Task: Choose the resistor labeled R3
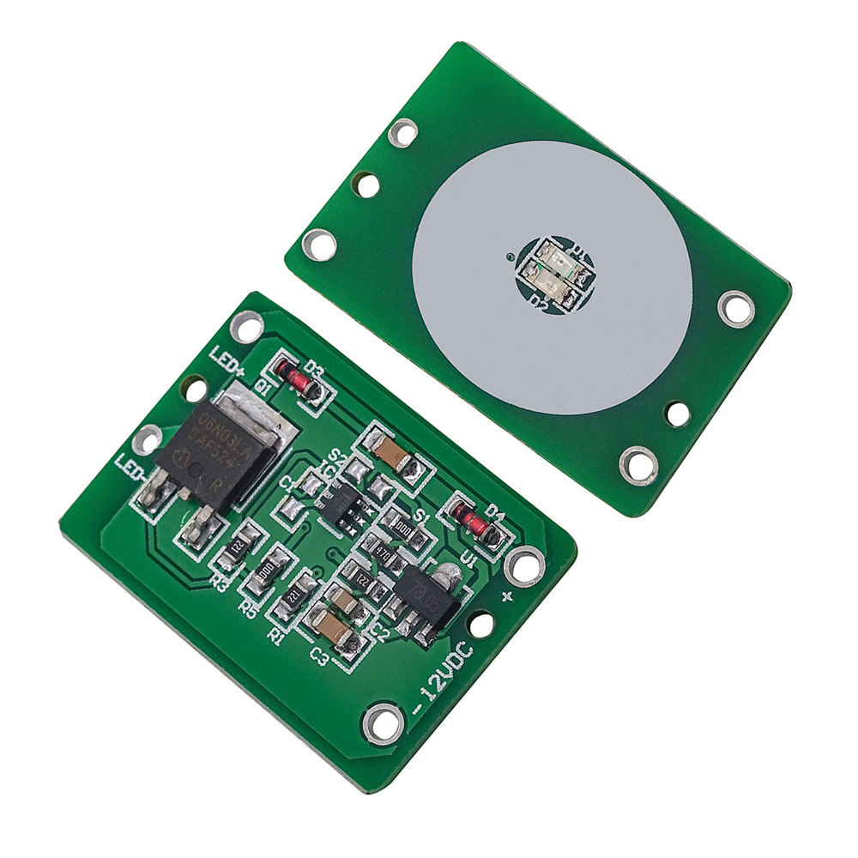point(236,547)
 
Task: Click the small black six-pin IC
point(344,503)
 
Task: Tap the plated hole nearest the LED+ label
point(247,325)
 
